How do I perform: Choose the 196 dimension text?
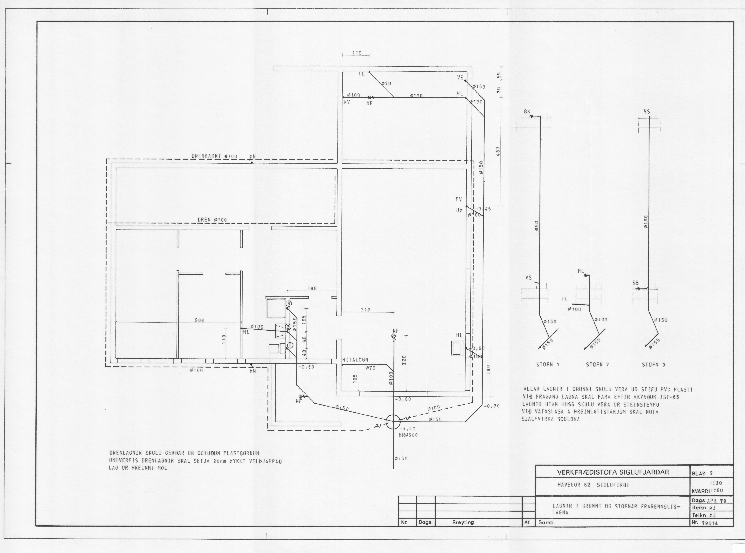[x=312, y=288]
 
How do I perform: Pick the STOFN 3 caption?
[x=653, y=365]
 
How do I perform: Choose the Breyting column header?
[x=463, y=522]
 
